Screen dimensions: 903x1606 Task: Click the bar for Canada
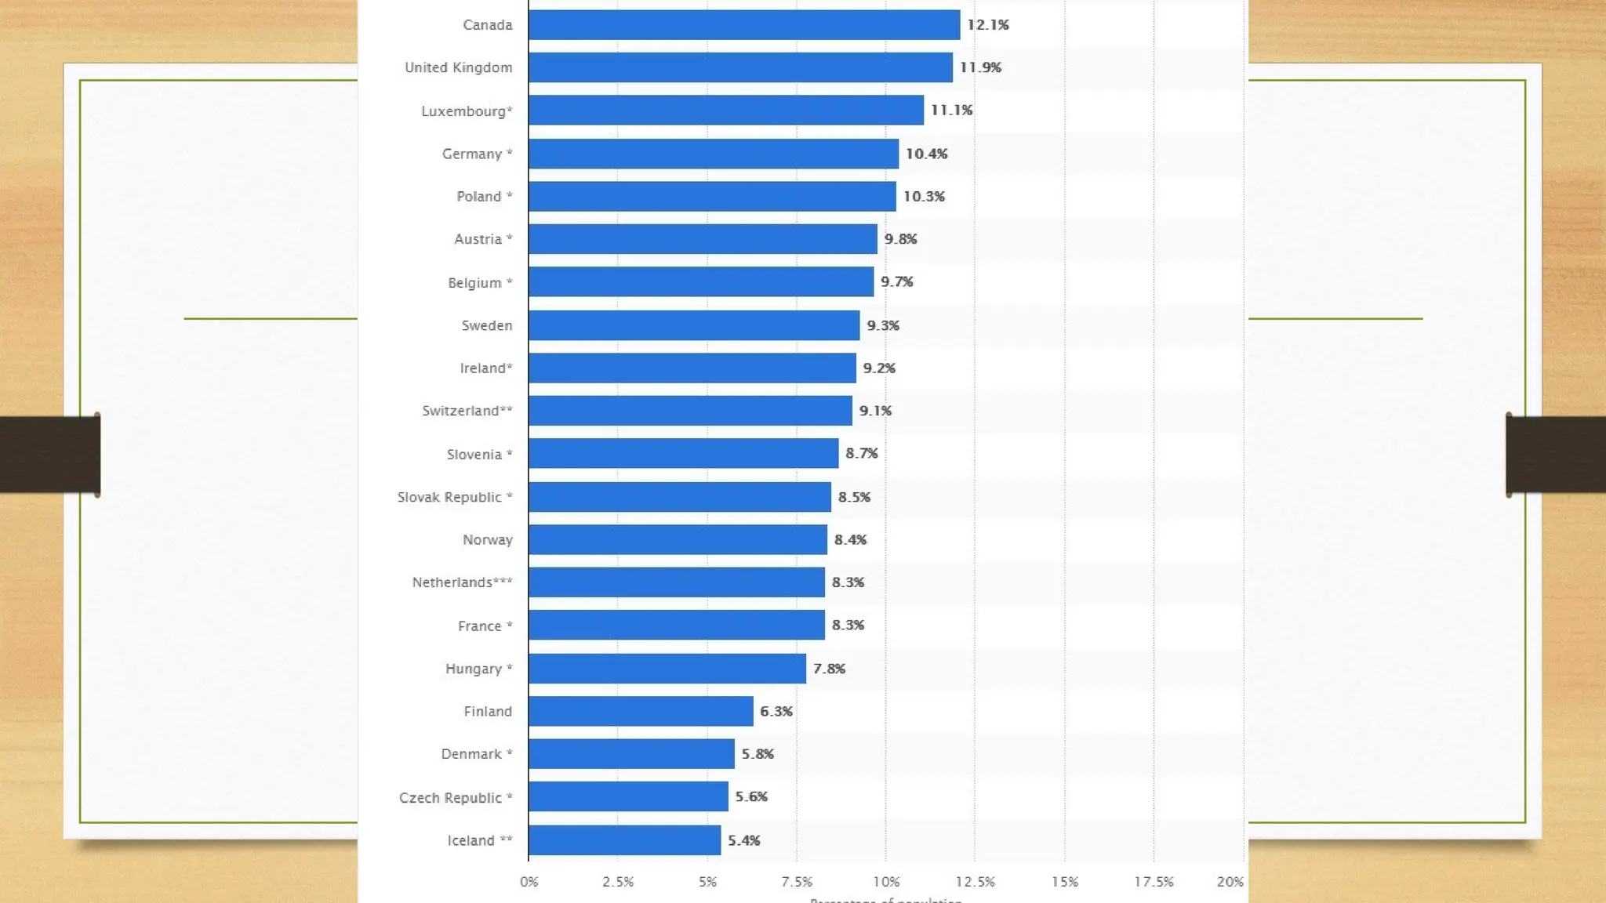point(743,25)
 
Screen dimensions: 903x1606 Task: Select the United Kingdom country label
point(458,68)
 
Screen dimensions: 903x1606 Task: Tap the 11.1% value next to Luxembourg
point(951,111)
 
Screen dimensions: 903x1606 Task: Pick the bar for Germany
point(713,154)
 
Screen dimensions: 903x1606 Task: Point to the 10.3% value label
point(924,197)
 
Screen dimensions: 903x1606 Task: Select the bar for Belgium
point(700,282)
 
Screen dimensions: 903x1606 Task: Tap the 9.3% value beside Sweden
point(883,325)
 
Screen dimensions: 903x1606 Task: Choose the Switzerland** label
point(467,411)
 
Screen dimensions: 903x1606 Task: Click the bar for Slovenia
point(683,454)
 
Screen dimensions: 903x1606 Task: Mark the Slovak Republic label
point(454,497)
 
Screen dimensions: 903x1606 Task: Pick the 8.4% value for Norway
point(850,540)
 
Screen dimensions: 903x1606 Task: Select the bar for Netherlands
point(676,582)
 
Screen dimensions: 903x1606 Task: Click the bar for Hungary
point(667,669)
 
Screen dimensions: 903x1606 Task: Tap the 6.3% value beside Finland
point(776,712)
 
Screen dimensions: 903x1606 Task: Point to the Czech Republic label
point(455,798)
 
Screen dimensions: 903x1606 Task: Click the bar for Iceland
point(624,840)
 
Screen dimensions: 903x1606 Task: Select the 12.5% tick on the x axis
point(975,882)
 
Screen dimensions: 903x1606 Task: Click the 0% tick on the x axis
point(529,882)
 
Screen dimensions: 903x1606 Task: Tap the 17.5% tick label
point(1154,882)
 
